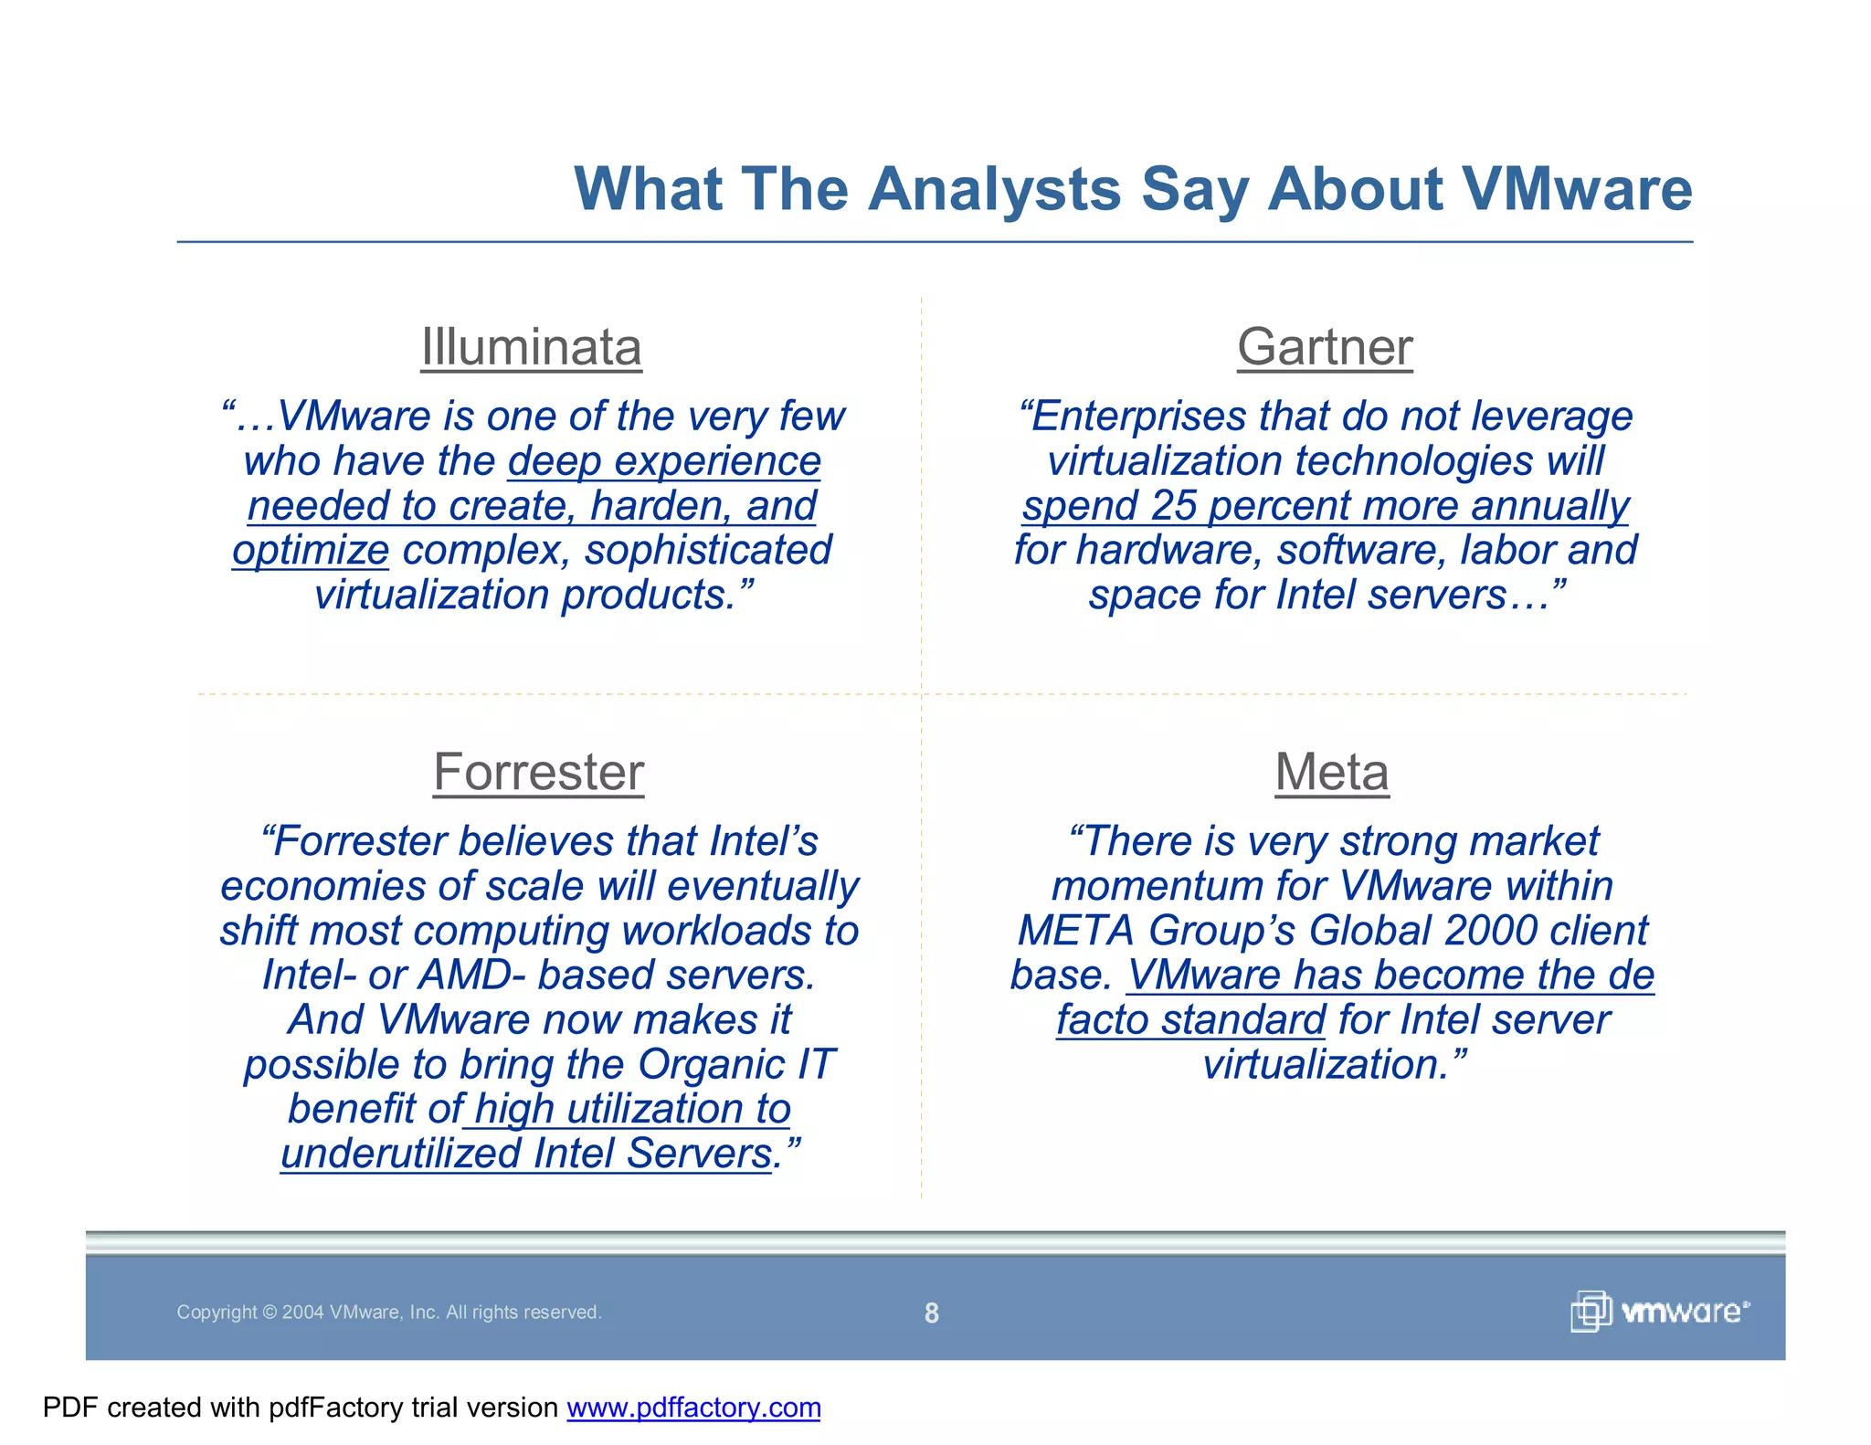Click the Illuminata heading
coord(531,347)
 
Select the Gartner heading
coord(1325,347)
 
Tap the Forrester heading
coord(538,772)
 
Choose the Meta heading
coord(1332,772)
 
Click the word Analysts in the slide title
coord(994,189)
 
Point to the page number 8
coord(931,1313)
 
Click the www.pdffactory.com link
coord(693,1408)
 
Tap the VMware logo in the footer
coord(1659,1312)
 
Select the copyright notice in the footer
coord(389,1313)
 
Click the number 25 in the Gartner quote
coord(1173,506)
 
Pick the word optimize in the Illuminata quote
coord(311,551)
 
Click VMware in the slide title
coord(1577,189)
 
